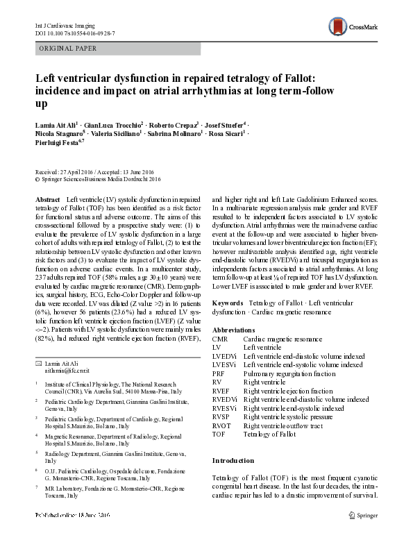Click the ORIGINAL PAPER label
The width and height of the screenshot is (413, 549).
pos(67,48)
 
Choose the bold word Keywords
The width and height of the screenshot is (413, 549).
pos(228,303)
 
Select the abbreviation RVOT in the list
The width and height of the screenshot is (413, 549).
pos(222,425)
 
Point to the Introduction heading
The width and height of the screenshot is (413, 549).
pos(233,460)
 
